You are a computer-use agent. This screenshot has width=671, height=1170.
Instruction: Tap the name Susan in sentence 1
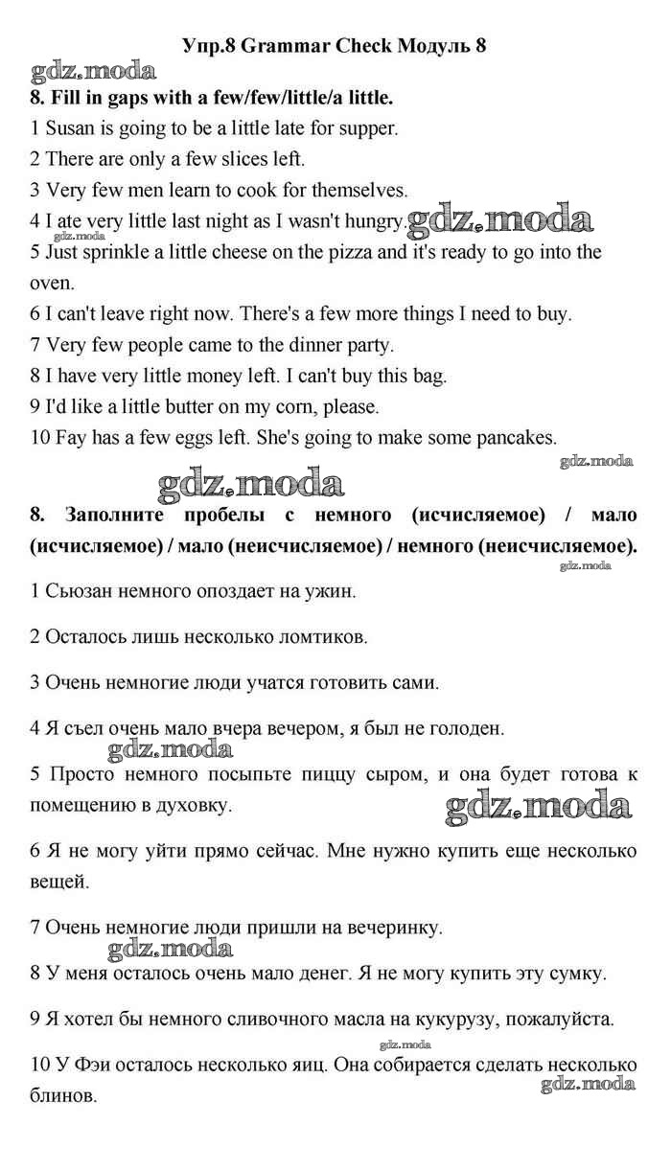[72, 127]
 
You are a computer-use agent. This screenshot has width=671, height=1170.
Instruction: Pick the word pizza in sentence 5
[352, 252]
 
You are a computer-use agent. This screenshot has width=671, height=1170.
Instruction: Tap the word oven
[51, 283]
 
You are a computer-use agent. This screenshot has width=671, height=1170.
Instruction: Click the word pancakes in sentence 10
[508, 437]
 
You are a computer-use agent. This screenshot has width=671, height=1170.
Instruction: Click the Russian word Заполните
[121, 515]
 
